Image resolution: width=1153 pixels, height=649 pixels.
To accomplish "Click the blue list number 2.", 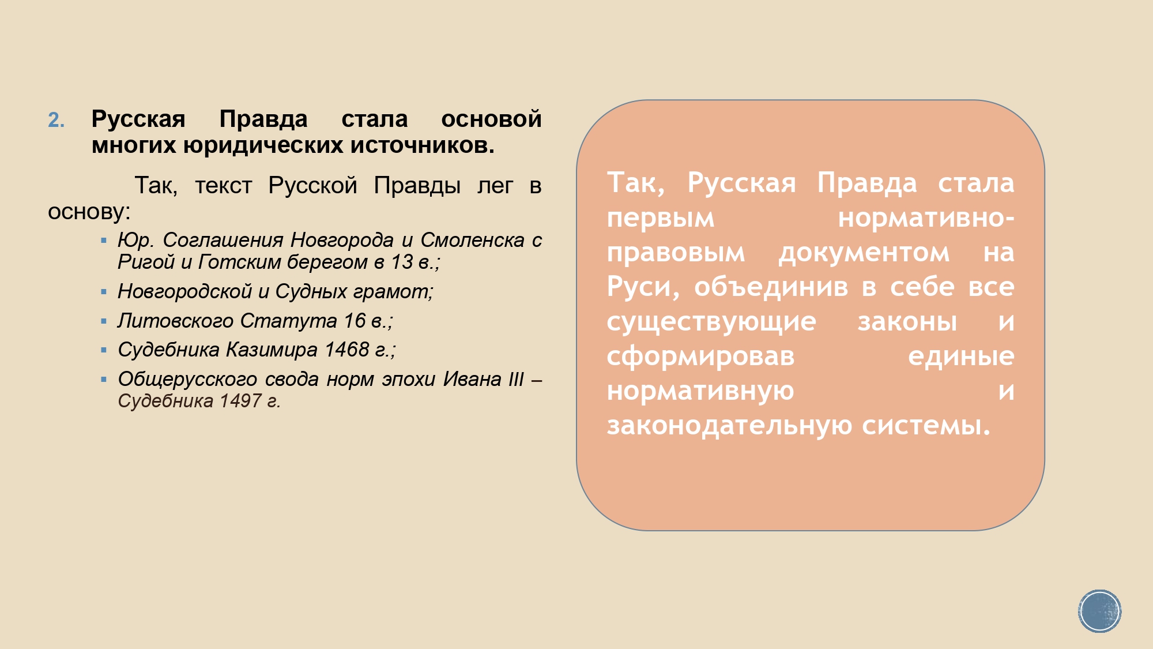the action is pos(56,120).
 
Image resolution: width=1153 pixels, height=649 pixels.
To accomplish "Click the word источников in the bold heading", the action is pos(422,145).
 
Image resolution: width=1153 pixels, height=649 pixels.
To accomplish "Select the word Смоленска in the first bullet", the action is pos(473,240).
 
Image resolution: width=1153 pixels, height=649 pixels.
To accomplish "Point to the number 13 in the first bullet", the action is pos(402,262).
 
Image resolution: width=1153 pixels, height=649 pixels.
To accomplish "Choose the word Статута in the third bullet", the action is pos(289,320).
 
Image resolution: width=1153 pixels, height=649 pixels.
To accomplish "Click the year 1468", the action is pos(347,350).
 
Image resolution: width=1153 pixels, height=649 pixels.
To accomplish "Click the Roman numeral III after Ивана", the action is pos(516,379).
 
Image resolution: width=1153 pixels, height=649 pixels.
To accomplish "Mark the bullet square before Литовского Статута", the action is pos(104,321).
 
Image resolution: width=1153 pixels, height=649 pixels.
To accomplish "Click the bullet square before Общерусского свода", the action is pos(104,379).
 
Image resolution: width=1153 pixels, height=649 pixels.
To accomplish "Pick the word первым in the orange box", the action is pos(661,219).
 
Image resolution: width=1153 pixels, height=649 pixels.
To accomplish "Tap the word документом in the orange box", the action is pos(864,253).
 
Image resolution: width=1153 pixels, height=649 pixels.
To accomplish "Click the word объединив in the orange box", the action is pos(771,287).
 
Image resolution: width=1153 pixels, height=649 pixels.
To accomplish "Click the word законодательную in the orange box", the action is pos(730,426).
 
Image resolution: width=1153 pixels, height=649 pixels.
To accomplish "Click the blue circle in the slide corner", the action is pos(1099,611).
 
